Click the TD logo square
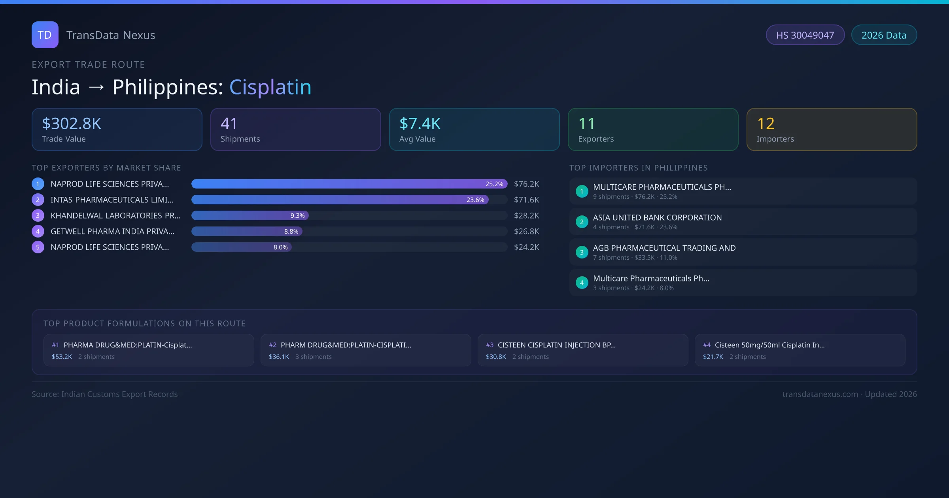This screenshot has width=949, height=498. tap(45, 35)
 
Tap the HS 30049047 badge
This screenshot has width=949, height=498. tap(805, 35)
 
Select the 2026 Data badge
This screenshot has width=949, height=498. tap(884, 35)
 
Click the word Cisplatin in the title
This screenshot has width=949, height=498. tap(270, 87)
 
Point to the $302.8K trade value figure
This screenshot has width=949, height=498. tap(72, 124)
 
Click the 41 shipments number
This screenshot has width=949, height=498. tap(229, 124)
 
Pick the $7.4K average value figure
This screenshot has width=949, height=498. tap(420, 124)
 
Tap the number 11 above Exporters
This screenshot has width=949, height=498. tap(586, 124)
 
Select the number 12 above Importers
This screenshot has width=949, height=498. tap(766, 124)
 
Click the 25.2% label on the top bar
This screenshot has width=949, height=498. tap(494, 184)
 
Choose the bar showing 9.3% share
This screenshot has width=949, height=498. tap(250, 215)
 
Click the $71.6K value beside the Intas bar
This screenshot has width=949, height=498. tap(526, 200)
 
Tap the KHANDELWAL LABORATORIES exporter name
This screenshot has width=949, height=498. tap(115, 215)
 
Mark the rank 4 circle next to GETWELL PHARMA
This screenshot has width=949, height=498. tap(38, 231)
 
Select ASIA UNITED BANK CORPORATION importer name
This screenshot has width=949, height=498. tap(657, 217)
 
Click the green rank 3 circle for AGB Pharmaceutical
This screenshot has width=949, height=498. tap(582, 252)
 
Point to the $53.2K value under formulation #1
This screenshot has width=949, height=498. tap(62, 357)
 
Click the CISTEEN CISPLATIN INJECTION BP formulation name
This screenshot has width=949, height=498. tap(556, 345)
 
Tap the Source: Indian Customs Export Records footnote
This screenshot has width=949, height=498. tap(105, 394)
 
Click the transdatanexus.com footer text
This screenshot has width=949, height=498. tap(820, 394)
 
